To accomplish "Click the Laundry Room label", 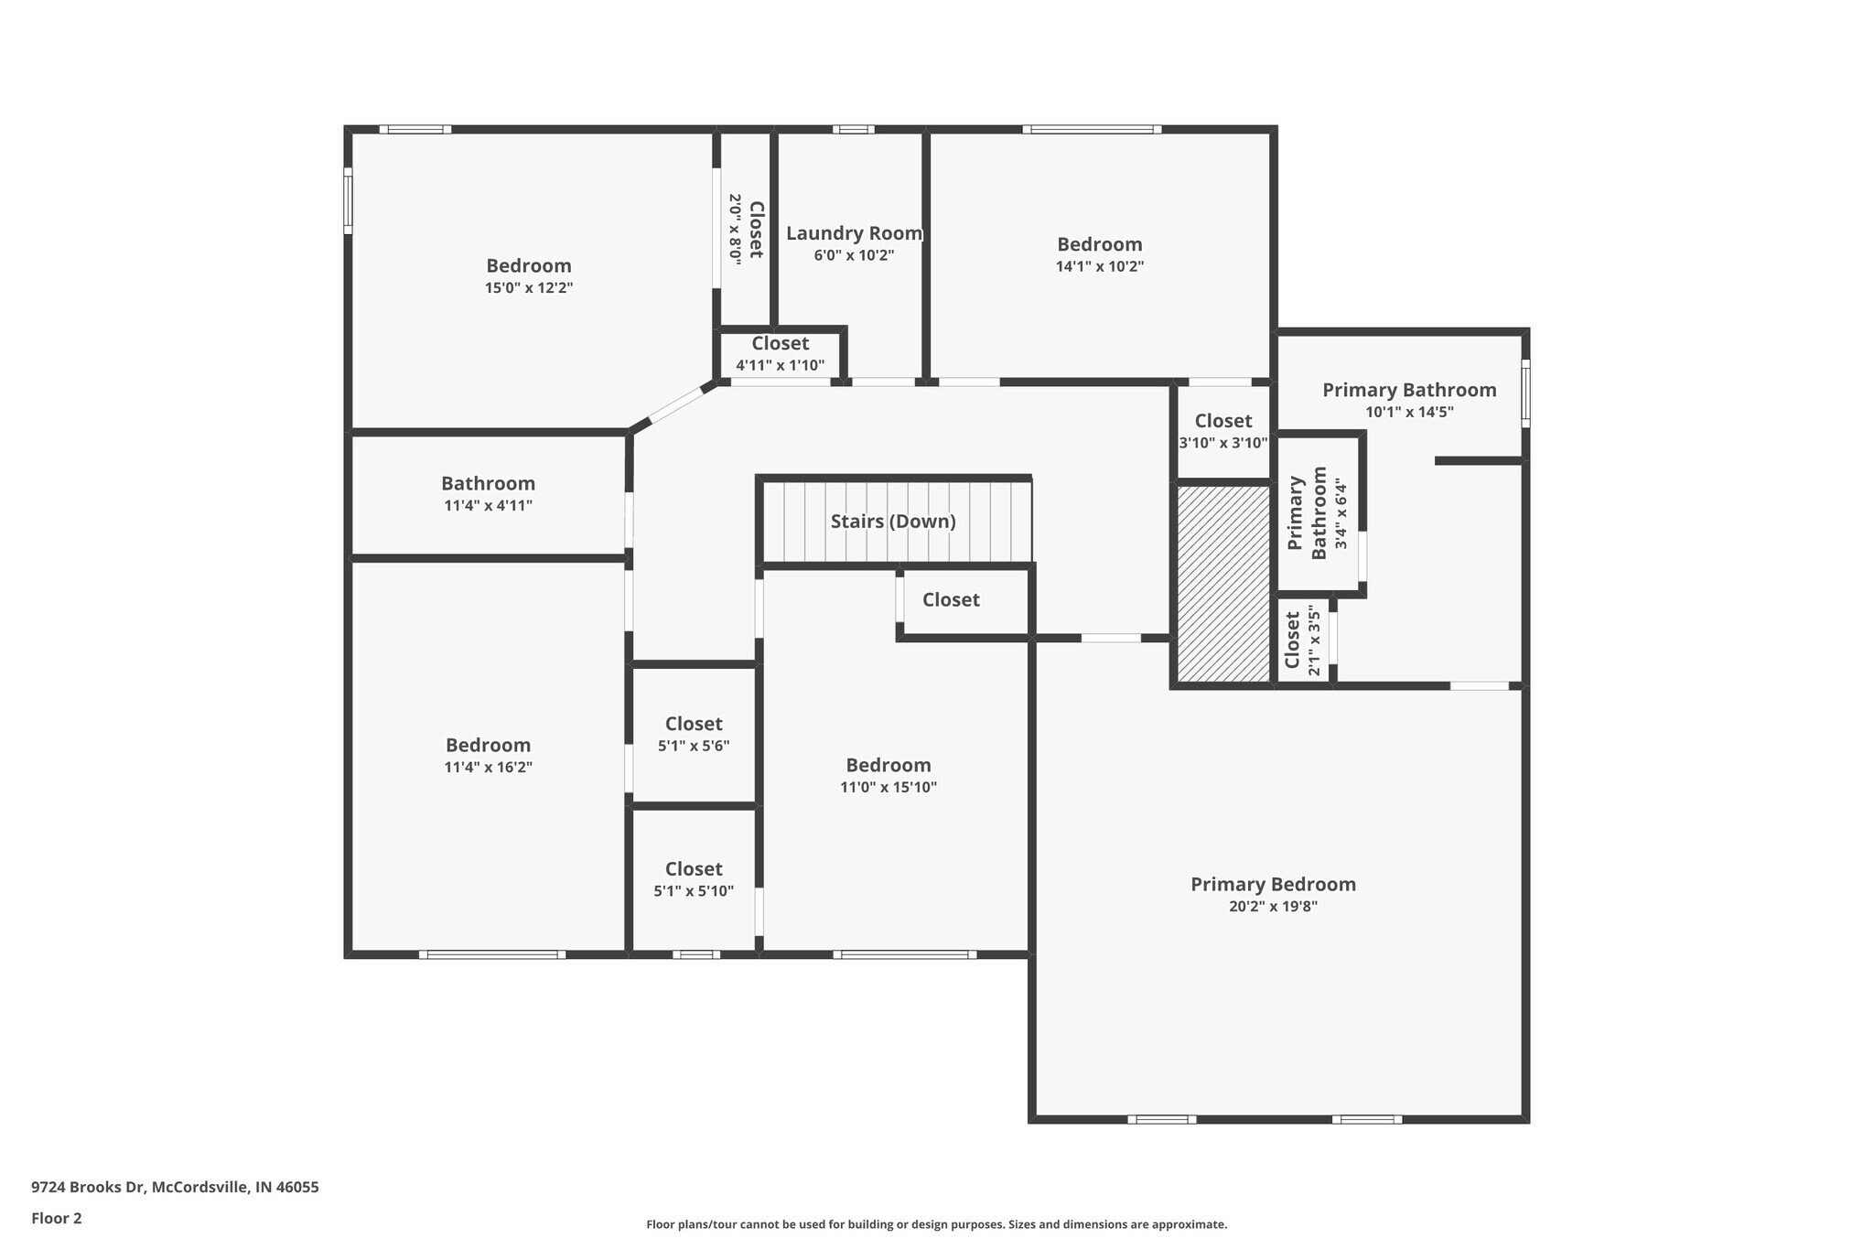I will pos(854,233).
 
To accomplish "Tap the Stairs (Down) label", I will pos(893,522).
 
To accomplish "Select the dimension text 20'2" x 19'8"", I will pos(1273,907).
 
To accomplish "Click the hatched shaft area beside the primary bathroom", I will pos(1222,584).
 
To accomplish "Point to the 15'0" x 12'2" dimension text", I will pos(529,288).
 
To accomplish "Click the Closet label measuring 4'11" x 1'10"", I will pos(780,344).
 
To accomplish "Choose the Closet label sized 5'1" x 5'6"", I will pos(694,725).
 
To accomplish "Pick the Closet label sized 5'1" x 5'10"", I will pos(694,869).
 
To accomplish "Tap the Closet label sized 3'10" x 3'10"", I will pos(1222,421).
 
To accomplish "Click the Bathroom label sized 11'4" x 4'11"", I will pos(488,484).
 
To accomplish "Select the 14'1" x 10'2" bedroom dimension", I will pos(1099,267).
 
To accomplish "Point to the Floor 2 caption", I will pos(57,1219).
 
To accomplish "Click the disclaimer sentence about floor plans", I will pos(936,1224).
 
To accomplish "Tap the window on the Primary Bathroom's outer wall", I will pos(1525,393).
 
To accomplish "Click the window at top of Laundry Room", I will pos(853,130).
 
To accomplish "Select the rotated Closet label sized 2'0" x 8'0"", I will pos(756,229).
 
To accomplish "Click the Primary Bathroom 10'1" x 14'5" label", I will pos(1409,391).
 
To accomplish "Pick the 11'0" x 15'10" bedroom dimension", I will pos(889,788).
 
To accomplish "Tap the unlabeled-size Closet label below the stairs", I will pos(951,600).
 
